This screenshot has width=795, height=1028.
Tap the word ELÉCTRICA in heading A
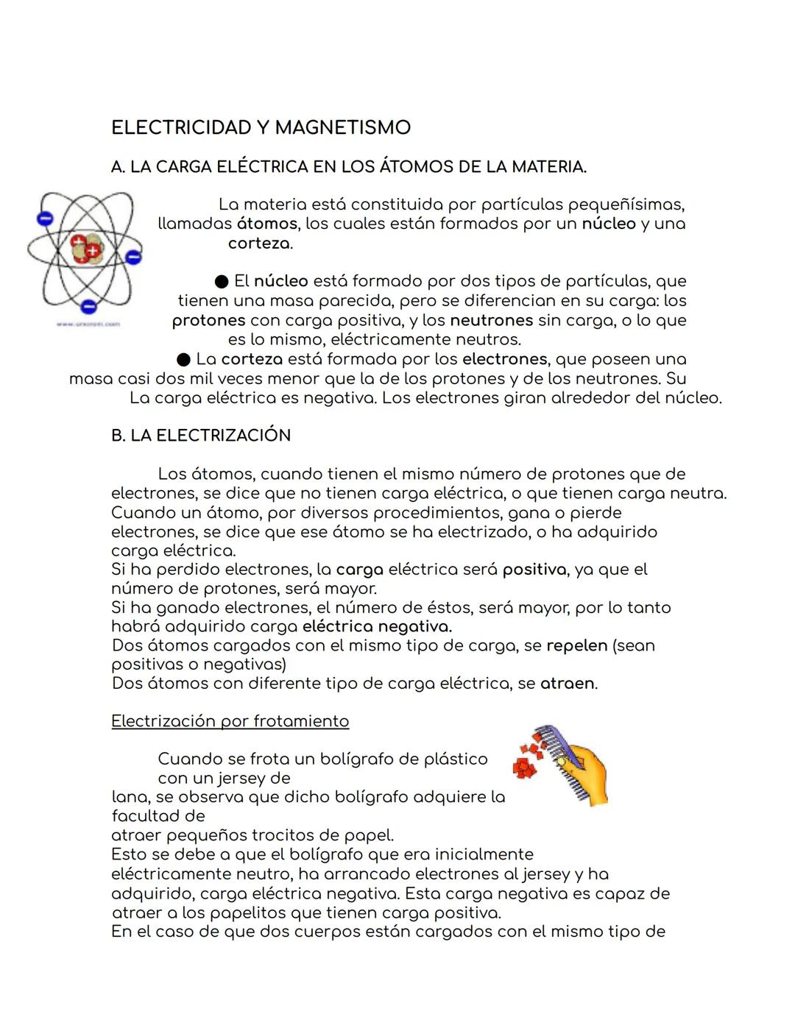[261, 167]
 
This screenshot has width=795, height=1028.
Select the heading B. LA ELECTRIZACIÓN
[201, 436]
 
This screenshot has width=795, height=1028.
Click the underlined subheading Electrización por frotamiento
[230, 721]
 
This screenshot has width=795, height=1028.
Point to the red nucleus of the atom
[86, 248]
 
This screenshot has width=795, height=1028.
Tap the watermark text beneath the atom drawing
[88, 324]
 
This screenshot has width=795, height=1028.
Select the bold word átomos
[266, 224]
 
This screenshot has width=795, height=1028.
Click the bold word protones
[208, 321]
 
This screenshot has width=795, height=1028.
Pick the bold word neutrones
[491, 321]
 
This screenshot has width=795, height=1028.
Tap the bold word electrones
[504, 360]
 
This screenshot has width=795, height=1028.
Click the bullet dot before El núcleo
[222, 282]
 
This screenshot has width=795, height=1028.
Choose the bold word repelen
[576, 646]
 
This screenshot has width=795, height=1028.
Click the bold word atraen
[567, 684]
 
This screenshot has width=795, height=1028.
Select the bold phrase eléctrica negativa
[377, 627]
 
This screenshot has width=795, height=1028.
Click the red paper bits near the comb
[527, 761]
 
